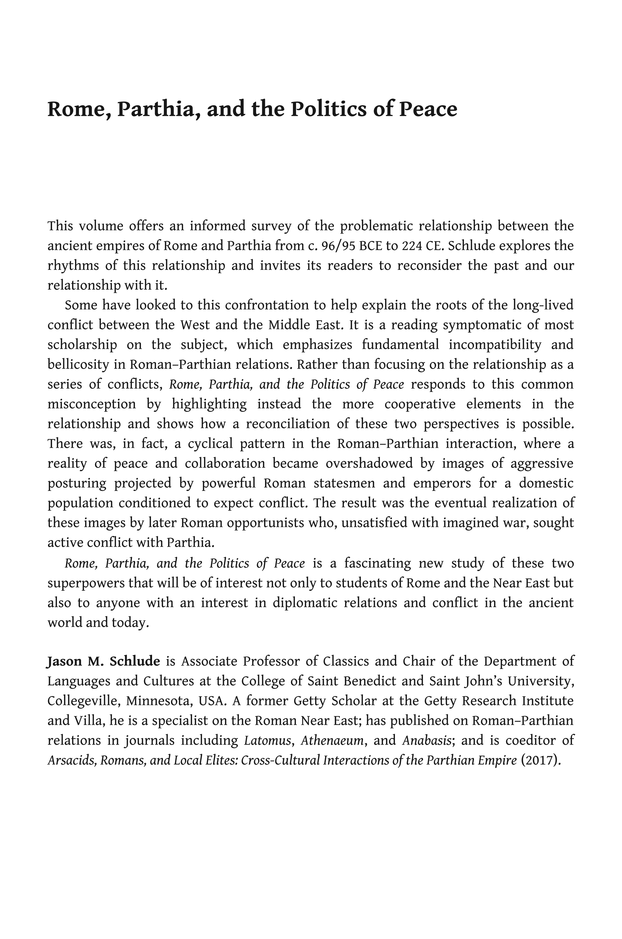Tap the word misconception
[92, 404]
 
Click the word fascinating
[378, 563]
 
